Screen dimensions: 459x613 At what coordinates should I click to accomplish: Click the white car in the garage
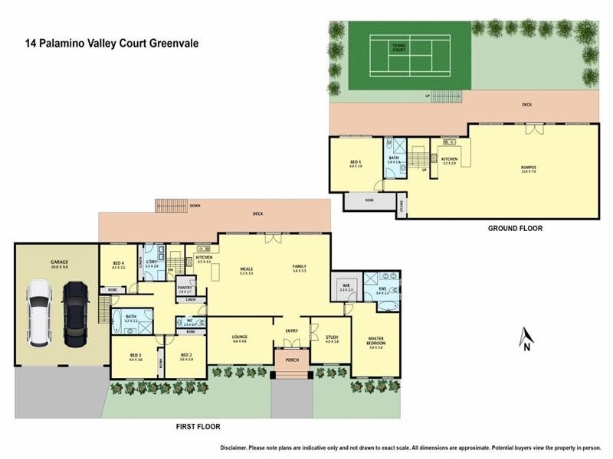(x=38, y=312)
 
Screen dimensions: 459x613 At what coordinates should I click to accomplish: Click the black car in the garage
(x=75, y=312)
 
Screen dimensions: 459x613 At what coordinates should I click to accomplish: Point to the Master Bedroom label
(x=375, y=342)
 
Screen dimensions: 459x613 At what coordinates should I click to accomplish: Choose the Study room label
(x=331, y=338)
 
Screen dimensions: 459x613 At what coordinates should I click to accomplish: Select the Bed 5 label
(x=356, y=162)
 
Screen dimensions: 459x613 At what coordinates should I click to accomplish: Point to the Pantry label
(x=185, y=288)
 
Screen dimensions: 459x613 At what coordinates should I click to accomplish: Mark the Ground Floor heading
(x=515, y=228)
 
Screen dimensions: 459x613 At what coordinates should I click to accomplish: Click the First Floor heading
(x=197, y=426)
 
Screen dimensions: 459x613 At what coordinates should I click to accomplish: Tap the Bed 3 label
(x=136, y=356)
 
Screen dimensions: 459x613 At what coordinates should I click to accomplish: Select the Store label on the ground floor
(x=402, y=205)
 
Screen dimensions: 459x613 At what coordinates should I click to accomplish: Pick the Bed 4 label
(x=117, y=265)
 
